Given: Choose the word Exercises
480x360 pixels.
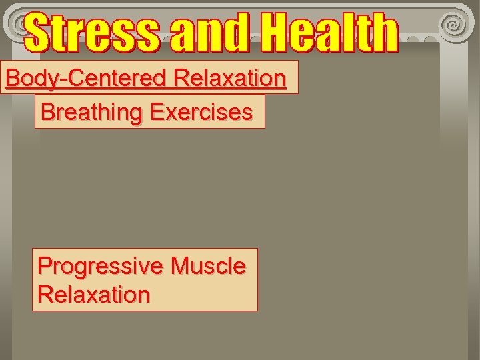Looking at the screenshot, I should tap(201, 111).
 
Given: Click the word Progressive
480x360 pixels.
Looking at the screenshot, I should tap(100, 267).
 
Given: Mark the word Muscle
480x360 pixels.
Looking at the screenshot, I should tap(208, 266).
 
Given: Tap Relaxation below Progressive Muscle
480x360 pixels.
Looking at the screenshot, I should tap(93, 294).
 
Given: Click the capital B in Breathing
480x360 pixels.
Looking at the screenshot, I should tap(47, 111).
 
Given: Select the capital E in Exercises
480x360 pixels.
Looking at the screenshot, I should tap(157, 111).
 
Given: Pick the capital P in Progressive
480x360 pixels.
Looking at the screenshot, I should tap(45, 266).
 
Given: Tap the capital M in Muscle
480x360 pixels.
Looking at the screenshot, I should tap(180, 266).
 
